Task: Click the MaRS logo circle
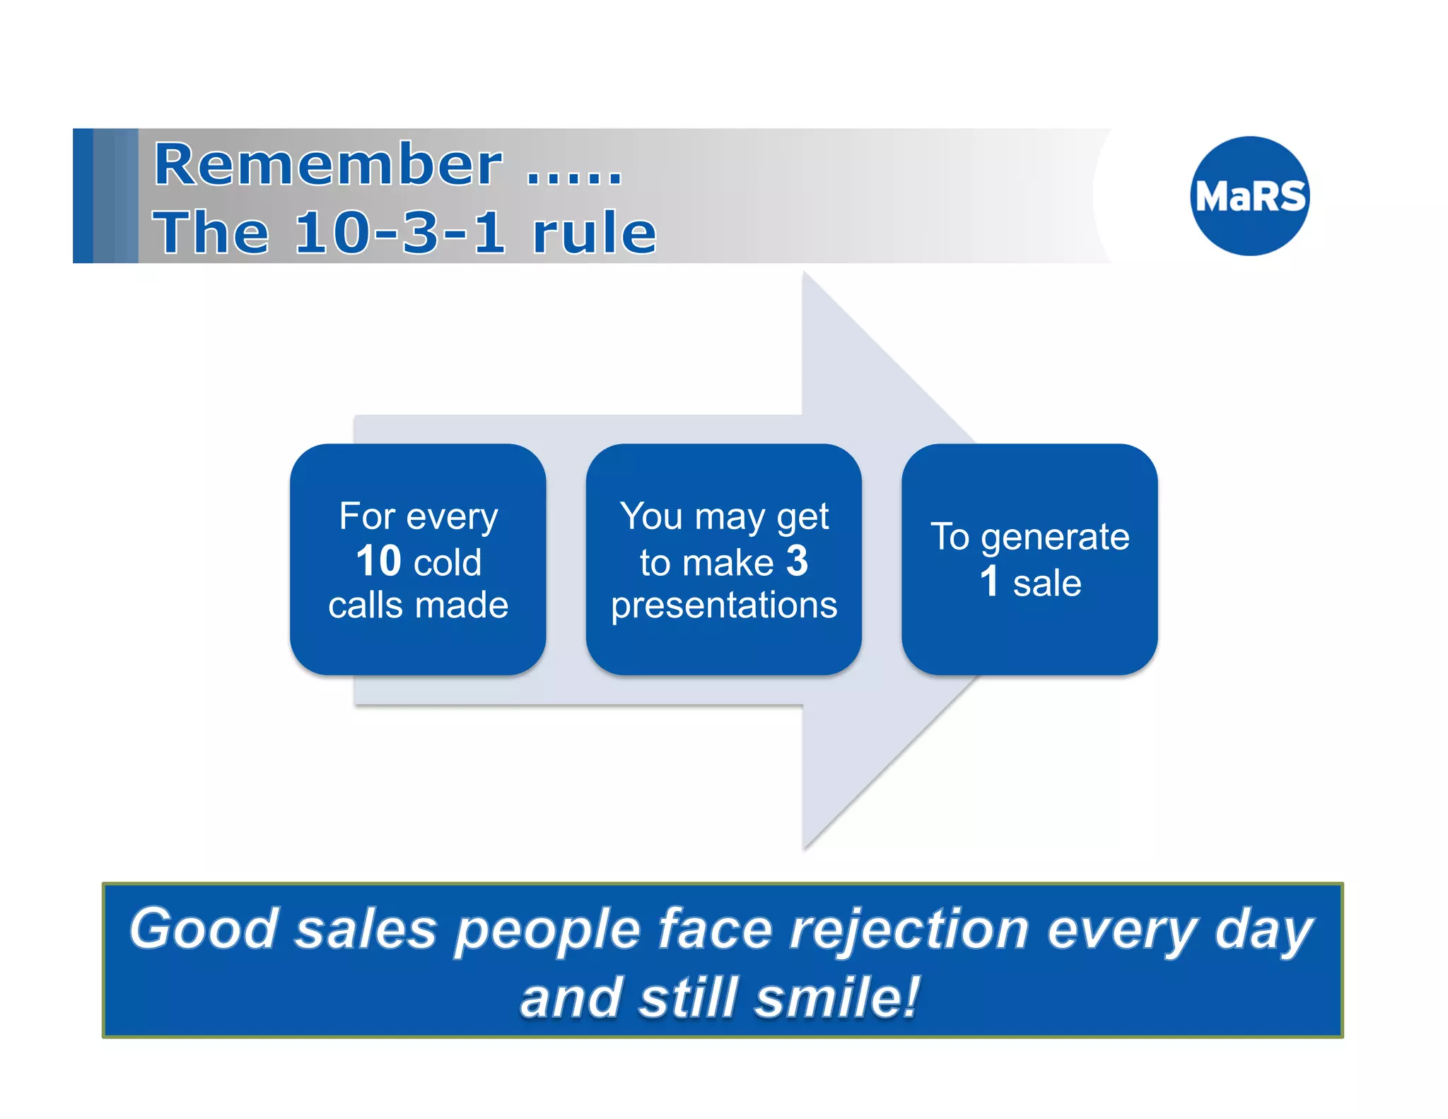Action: click(x=1249, y=196)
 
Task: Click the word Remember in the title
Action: click(x=328, y=165)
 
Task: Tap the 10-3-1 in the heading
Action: click(x=400, y=233)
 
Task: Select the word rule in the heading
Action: click(x=595, y=233)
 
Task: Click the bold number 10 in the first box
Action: click(x=379, y=561)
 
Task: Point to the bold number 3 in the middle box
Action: click(x=797, y=561)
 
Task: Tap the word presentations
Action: click(x=724, y=605)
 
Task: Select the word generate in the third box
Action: click(x=1055, y=538)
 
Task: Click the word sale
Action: click(x=1047, y=584)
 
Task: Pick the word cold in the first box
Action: click(x=448, y=563)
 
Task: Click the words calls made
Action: click(x=418, y=605)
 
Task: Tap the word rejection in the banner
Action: click(x=909, y=929)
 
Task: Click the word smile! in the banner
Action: click(x=837, y=997)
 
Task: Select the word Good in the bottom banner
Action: click(x=204, y=928)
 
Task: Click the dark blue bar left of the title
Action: click(x=83, y=196)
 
